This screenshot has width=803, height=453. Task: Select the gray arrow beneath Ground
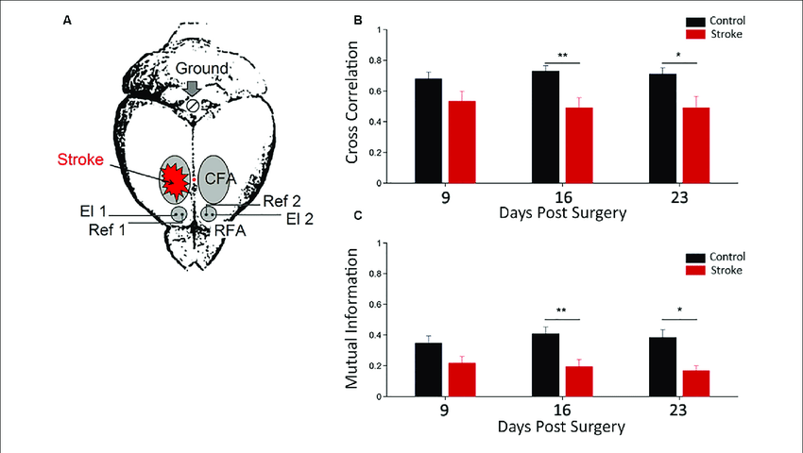[192, 87]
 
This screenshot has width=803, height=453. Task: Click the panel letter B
[356, 20]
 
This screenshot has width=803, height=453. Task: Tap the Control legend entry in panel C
[716, 256]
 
